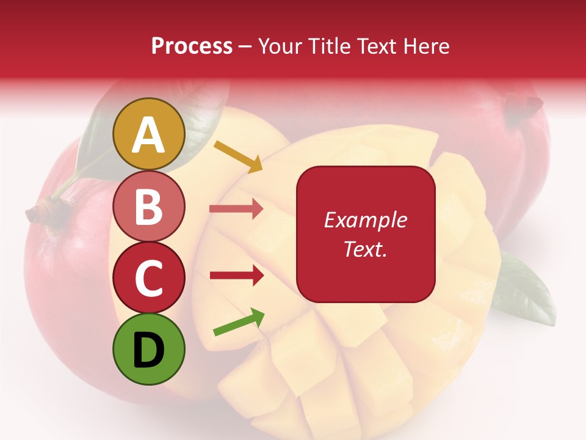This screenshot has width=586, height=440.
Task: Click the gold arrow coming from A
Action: pyautogui.click(x=237, y=155)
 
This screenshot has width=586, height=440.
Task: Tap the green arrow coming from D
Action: pyautogui.click(x=239, y=322)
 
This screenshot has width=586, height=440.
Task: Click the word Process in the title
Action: pyautogui.click(x=192, y=46)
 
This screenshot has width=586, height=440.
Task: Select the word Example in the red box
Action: pyautogui.click(x=365, y=220)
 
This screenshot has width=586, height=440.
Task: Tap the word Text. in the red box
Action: pyautogui.click(x=365, y=249)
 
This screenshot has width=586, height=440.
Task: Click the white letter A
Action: pyautogui.click(x=149, y=134)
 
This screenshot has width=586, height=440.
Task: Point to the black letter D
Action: pyautogui.click(x=149, y=349)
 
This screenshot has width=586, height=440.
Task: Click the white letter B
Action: pyautogui.click(x=149, y=206)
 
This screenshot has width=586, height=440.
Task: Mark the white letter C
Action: pyautogui.click(x=149, y=278)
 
